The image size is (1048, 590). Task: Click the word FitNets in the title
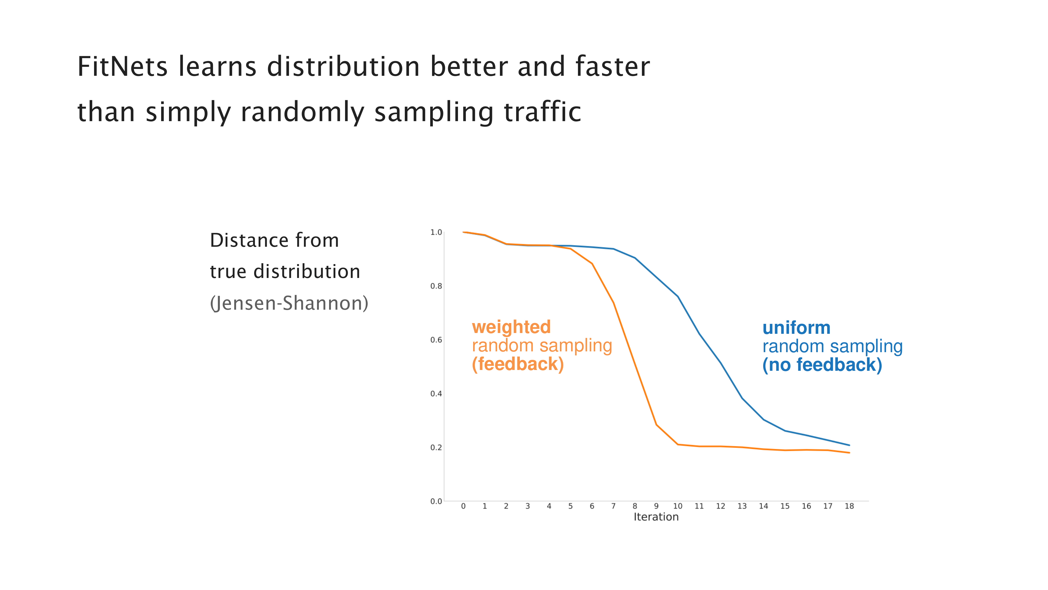(x=122, y=67)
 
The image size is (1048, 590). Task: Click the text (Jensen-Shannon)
(x=289, y=303)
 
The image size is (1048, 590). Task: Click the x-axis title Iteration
(x=656, y=517)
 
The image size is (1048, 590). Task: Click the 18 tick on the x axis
(x=849, y=506)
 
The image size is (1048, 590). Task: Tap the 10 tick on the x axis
(x=677, y=506)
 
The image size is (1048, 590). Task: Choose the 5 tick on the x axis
(x=570, y=506)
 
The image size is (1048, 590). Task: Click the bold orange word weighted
(x=511, y=327)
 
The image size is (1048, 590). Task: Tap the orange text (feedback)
(x=517, y=364)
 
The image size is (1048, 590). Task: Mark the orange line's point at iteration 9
(x=656, y=425)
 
